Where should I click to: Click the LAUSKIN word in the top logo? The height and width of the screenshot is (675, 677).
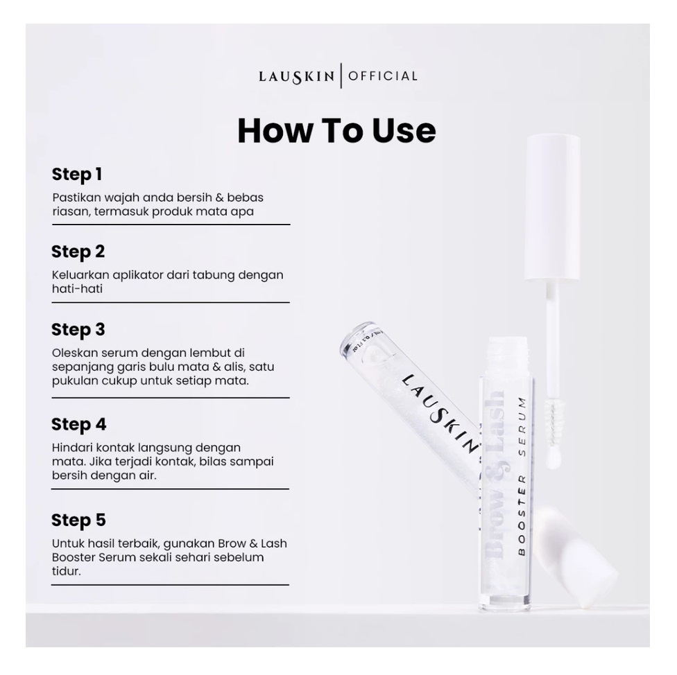pos(297,77)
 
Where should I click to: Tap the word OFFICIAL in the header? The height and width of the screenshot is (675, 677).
pos(383,76)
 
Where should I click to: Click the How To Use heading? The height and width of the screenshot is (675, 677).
pos(336,130)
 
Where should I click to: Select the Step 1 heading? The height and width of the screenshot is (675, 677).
pos(77,174)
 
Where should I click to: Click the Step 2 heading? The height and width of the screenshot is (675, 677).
pos(78,252)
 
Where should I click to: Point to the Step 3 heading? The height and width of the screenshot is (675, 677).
pos(78,329)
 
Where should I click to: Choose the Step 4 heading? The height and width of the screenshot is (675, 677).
pos(79,424)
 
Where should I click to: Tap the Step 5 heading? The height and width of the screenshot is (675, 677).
pos(78,520)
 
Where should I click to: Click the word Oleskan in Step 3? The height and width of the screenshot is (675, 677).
pos(74,353)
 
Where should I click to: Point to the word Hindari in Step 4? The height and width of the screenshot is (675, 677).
pos(74,448)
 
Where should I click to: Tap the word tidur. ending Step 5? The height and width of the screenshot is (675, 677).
pos(67,572)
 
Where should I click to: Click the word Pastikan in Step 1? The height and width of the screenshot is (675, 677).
pos(76,198)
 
